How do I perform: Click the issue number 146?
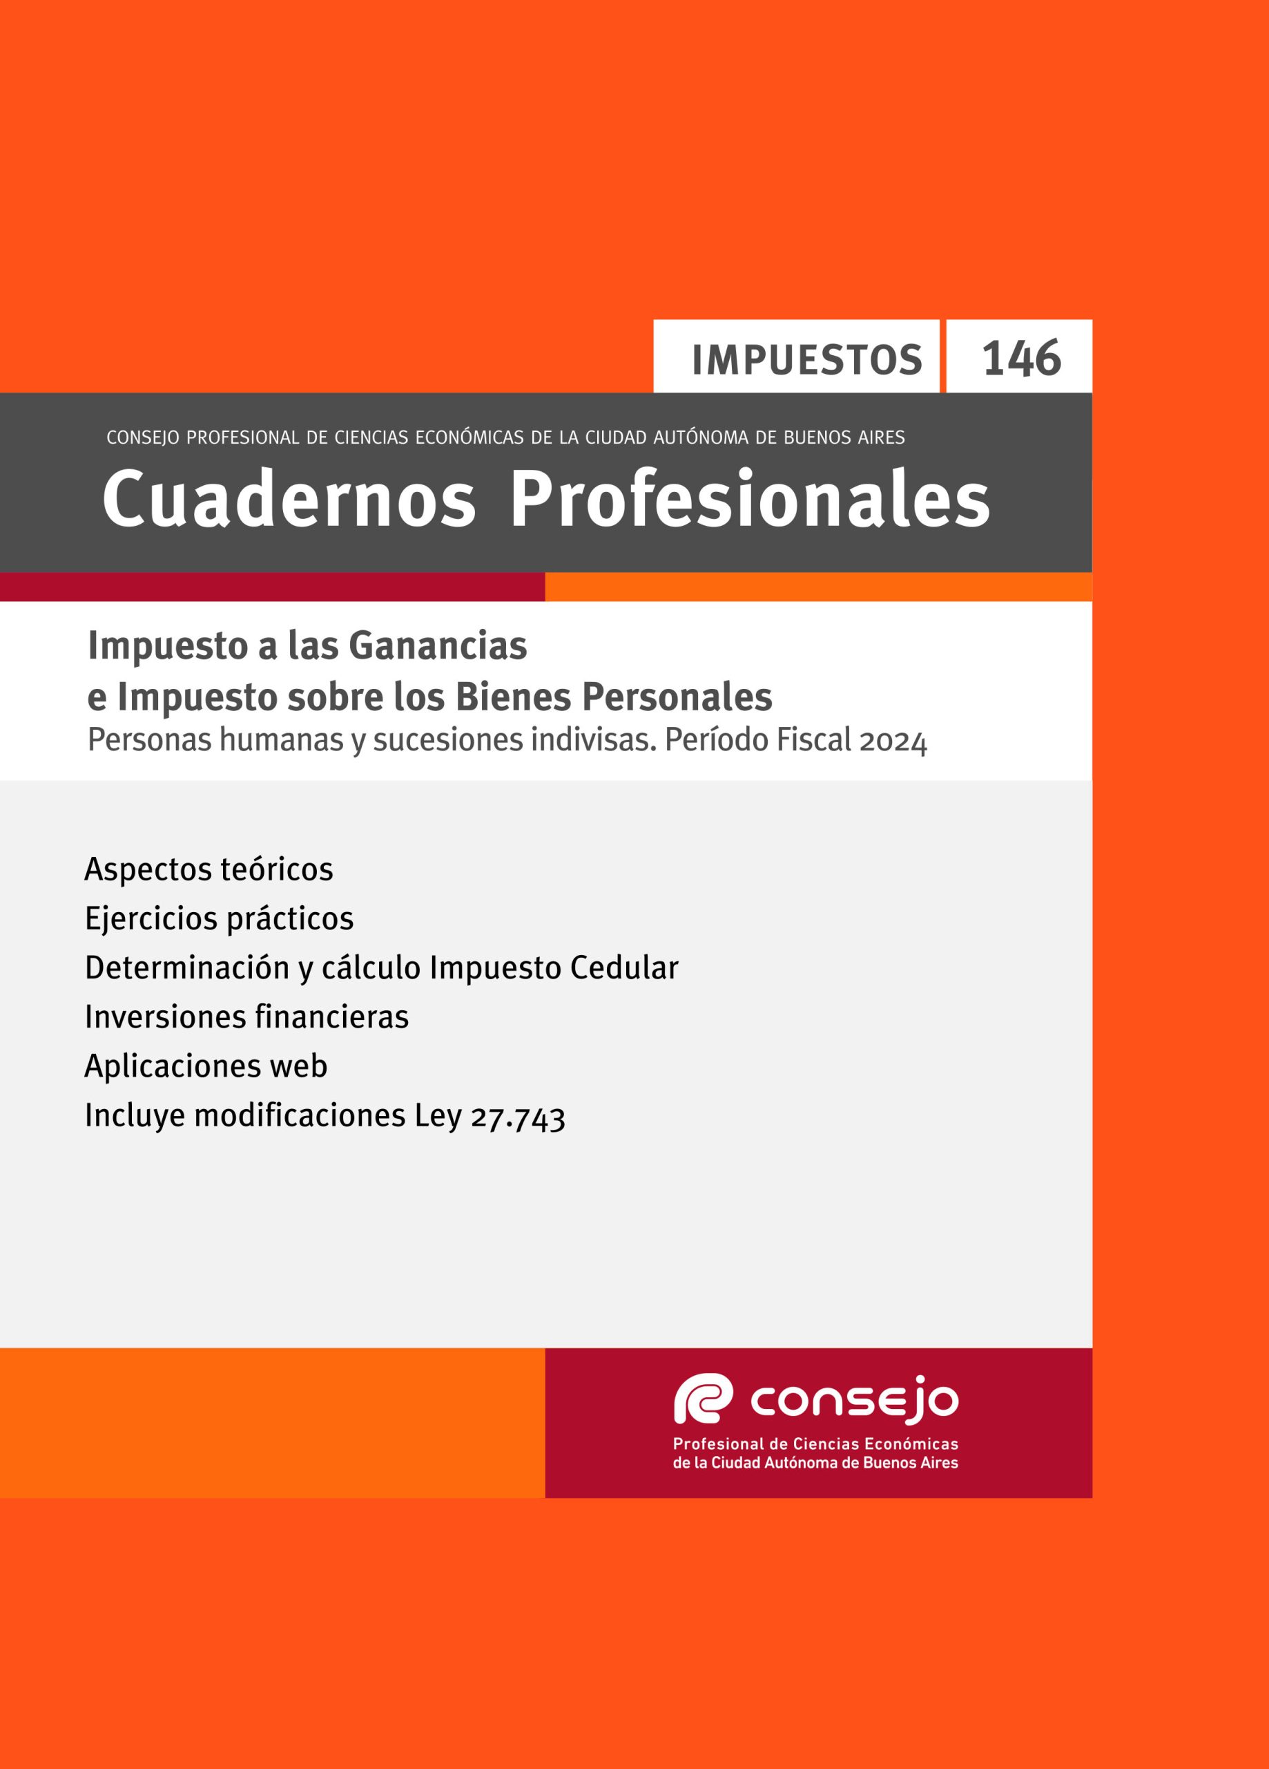tap(1021, 359)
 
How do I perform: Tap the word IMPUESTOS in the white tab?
tap(807, 360)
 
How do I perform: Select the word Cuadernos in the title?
tap(289, 498)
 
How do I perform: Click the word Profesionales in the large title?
tap(750, 498)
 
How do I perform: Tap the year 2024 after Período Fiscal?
tap(893, 741)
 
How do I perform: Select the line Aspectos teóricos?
tap(209, 869)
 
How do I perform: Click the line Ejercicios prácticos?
tap(219, 918)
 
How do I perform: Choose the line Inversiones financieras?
tap(246, 1016)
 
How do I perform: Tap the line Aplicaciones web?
tap(206, 1066)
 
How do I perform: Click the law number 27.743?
tap(519, 1117)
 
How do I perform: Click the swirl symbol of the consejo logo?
tap(703, 1399)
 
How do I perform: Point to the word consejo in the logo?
tap(854, 1400)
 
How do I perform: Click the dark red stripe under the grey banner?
tap(272, 587)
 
